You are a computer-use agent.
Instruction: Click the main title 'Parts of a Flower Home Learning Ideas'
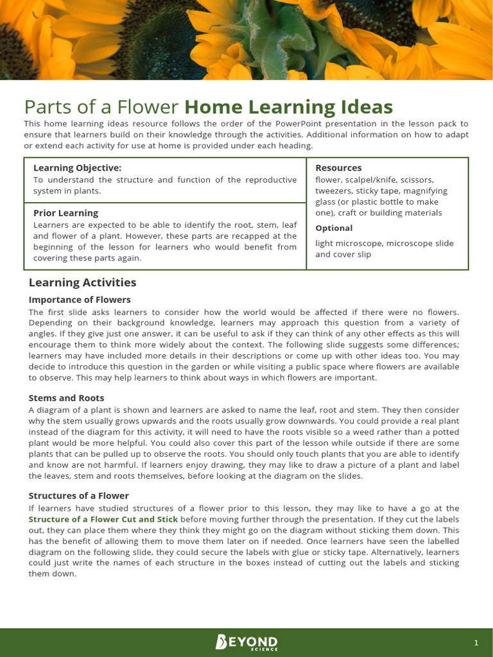(208, 107)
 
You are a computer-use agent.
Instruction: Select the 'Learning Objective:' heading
(78, 168)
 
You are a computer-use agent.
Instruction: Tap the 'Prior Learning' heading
(65, 213)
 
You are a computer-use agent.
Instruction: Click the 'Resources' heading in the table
(338, 168)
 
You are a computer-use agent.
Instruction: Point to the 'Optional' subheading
(334, 228)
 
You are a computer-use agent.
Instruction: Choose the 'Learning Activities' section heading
(82, 282)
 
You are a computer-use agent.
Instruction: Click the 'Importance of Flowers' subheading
(80, 300)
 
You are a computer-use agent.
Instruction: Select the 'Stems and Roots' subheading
(66, 398)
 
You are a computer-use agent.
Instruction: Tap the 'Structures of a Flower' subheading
(79, 496)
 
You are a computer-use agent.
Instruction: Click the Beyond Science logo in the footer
(246, 642)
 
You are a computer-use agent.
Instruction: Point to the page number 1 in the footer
(476, 643)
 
